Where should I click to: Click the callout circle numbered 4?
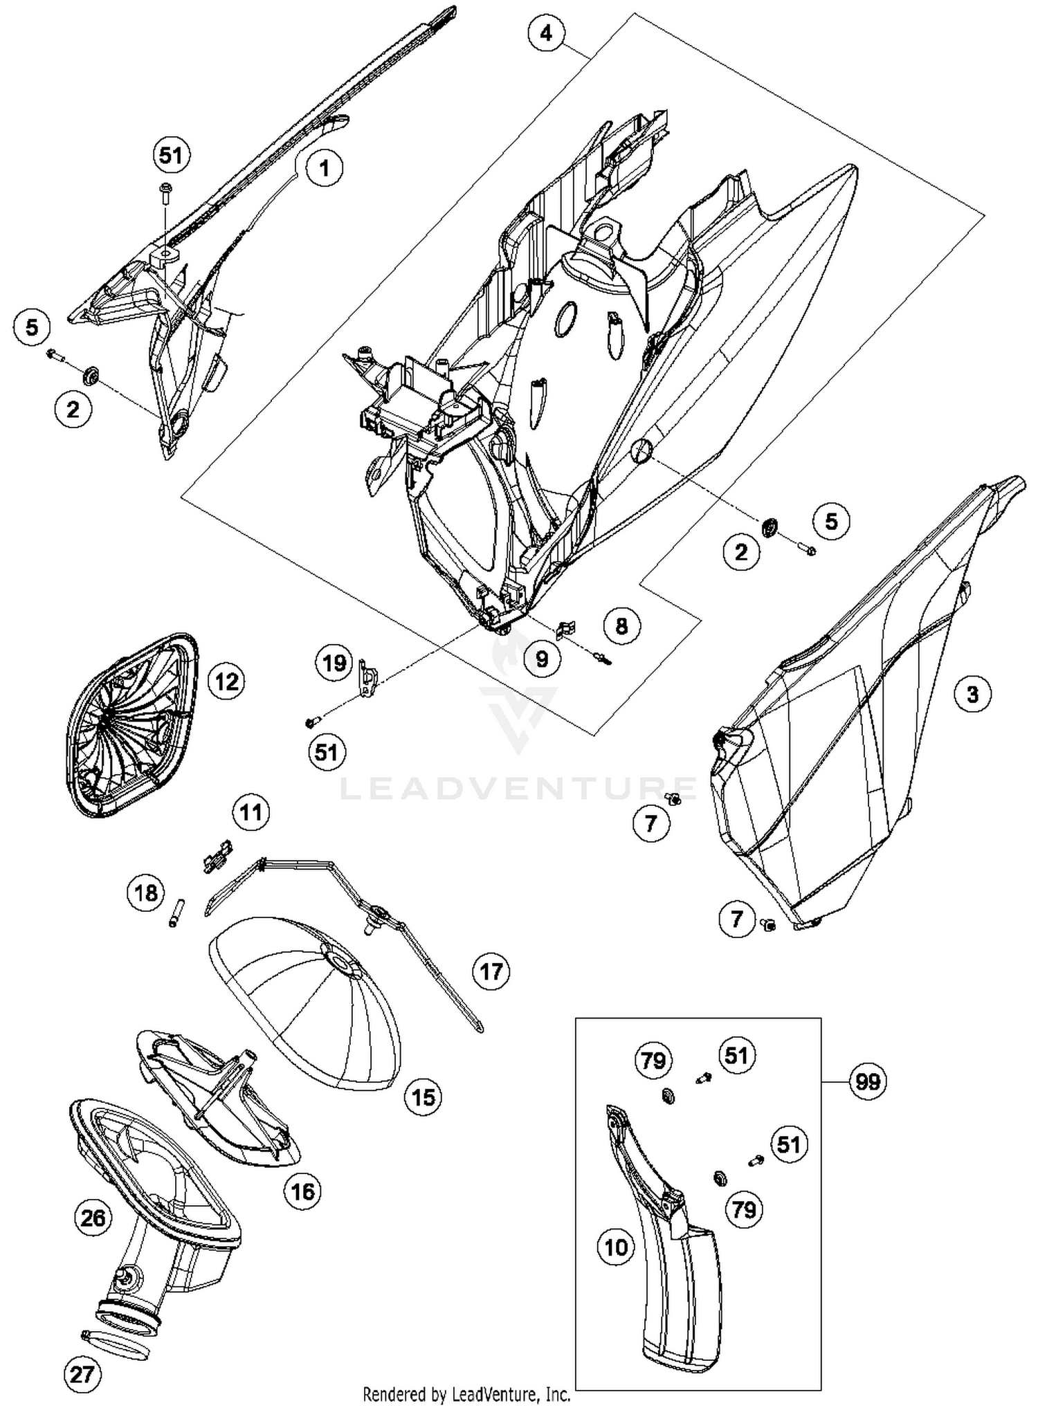[547, 33]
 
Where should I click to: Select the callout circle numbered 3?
[972, 694]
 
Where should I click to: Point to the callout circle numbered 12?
[226, 681]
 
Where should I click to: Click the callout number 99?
[868, 1081]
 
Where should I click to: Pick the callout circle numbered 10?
[616, 1247]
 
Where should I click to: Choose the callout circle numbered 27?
[82, 1374]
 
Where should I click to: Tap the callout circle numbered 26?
[93, 1217]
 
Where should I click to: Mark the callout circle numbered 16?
[303, 1191]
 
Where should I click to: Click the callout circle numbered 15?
[424, 1097]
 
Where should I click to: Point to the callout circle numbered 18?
[146, 893]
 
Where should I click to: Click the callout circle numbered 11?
[251, 812]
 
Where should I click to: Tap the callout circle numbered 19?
[334, 663]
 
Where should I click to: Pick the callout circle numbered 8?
[621, 626]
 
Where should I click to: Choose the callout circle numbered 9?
[542, 659]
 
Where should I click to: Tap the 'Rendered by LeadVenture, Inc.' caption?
[466, 1394]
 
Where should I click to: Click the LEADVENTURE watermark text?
[519, 789]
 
